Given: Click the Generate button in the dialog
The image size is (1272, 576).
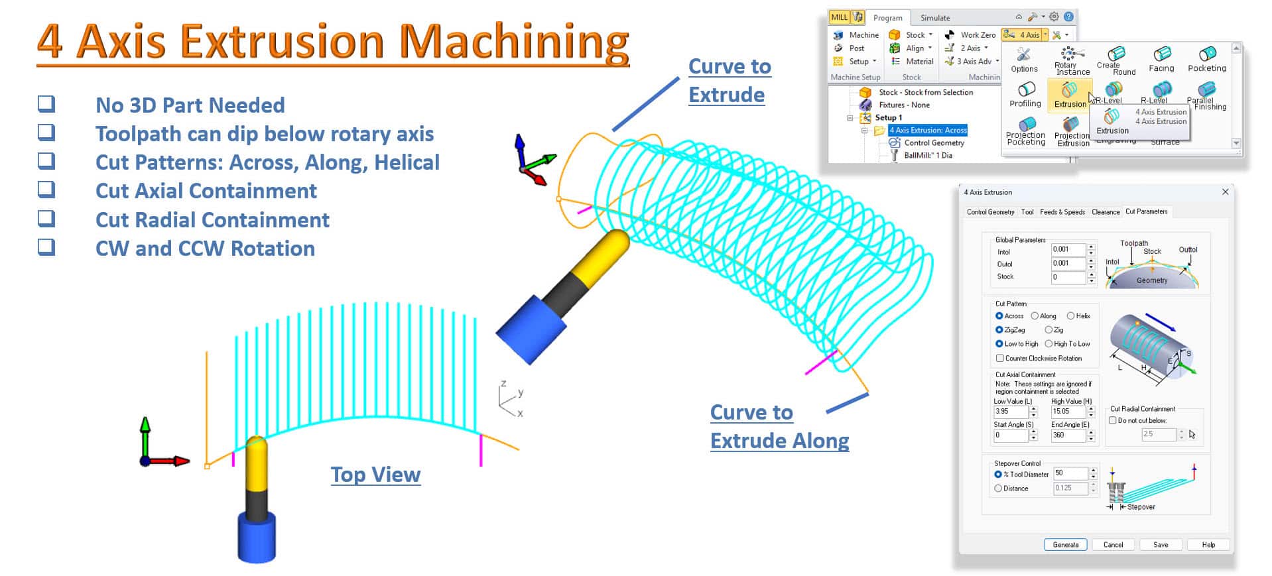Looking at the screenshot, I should click(1065, 545).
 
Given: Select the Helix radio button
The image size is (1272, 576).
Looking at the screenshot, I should click(1070, 316).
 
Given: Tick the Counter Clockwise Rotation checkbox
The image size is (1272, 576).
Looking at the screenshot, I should click(1000, 359).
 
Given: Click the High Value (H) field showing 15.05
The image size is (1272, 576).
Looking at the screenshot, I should click(1068, 412).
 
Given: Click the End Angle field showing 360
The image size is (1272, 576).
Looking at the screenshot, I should click(1068, 435).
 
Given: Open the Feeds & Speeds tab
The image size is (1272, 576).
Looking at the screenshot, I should click(1062, 212).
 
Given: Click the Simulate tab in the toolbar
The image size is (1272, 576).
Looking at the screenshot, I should click(935, 18).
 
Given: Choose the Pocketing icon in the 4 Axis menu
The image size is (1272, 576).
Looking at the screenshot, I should click(1207, 58).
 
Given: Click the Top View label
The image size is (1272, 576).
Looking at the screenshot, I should click(375, 475).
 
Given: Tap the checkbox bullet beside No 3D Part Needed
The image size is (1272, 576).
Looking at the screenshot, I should click(46, 104).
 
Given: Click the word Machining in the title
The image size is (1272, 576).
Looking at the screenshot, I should click(514, 41).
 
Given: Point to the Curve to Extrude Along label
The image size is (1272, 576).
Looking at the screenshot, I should click(779, 426).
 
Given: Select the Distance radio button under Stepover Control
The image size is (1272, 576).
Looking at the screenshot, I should click(998, 489).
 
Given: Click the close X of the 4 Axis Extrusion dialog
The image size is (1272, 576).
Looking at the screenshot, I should click(1225, 192).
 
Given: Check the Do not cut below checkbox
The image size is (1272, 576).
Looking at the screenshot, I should click(1113, 420).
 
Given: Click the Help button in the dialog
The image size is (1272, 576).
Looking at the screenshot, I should click(1208, 545).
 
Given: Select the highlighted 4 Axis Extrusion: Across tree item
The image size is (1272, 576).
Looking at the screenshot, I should click(928, 130).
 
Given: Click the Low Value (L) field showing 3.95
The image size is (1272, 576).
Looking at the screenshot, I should click(1010, 412).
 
